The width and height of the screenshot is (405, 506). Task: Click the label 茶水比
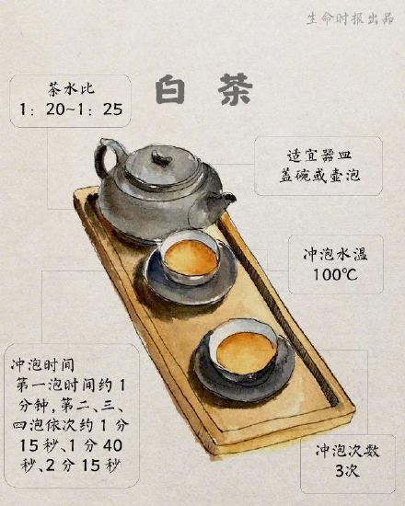pos(69,89)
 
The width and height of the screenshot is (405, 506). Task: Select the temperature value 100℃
pos(322,275)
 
